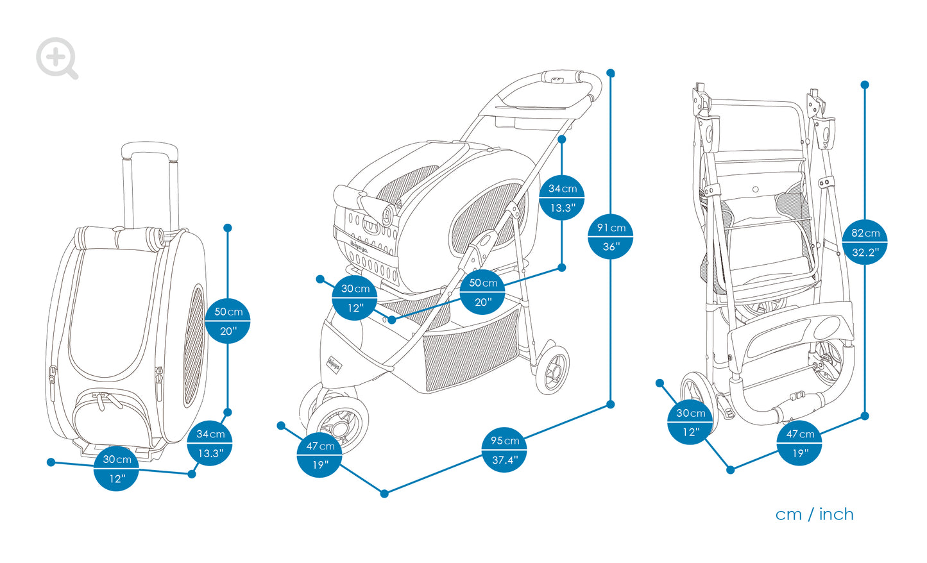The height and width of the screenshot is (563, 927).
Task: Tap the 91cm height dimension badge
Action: (611, 237)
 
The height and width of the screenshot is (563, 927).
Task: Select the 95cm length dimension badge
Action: (505, 450)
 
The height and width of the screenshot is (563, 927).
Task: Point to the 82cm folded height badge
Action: (865, 242)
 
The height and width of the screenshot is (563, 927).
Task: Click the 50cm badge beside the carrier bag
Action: (228, 321)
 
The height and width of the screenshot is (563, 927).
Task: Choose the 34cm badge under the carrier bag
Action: (210, 443)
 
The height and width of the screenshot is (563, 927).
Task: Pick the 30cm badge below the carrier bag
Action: (116, 468)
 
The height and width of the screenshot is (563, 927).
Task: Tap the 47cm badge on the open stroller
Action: (319, 455)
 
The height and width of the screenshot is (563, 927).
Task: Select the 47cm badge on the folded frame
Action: (800, 443)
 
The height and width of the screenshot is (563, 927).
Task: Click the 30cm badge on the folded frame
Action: (690, 422)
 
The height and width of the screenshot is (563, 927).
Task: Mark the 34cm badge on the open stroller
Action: (562, 197)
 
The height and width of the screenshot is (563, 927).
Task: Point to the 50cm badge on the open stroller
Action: (482, 292)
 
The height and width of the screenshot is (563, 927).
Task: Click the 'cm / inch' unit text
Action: (814, 514)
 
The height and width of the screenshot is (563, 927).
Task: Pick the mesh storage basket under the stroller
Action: (472, 353)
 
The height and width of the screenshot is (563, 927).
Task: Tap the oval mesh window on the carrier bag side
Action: (194, 346)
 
